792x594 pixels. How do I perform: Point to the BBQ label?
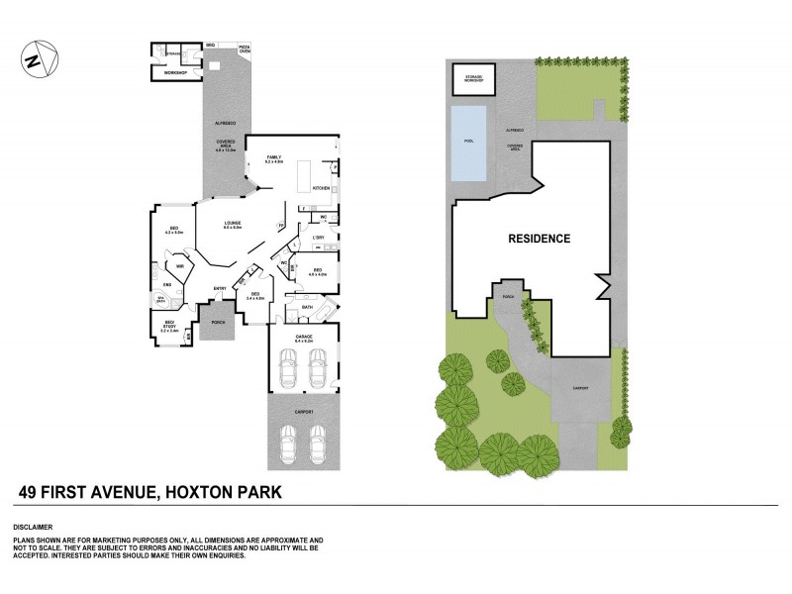tap(211, 46)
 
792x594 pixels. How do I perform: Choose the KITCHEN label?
tap(322, 187)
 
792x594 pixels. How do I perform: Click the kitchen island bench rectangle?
tap(303, 173)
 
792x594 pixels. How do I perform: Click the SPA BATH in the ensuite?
tap(160, 300)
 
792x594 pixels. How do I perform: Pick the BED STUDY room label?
tap(169, 328)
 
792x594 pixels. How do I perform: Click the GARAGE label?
tap(304, 337)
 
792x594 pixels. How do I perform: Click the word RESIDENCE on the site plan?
tap(539, 239)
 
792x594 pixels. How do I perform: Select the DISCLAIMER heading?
tap(35, 527)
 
